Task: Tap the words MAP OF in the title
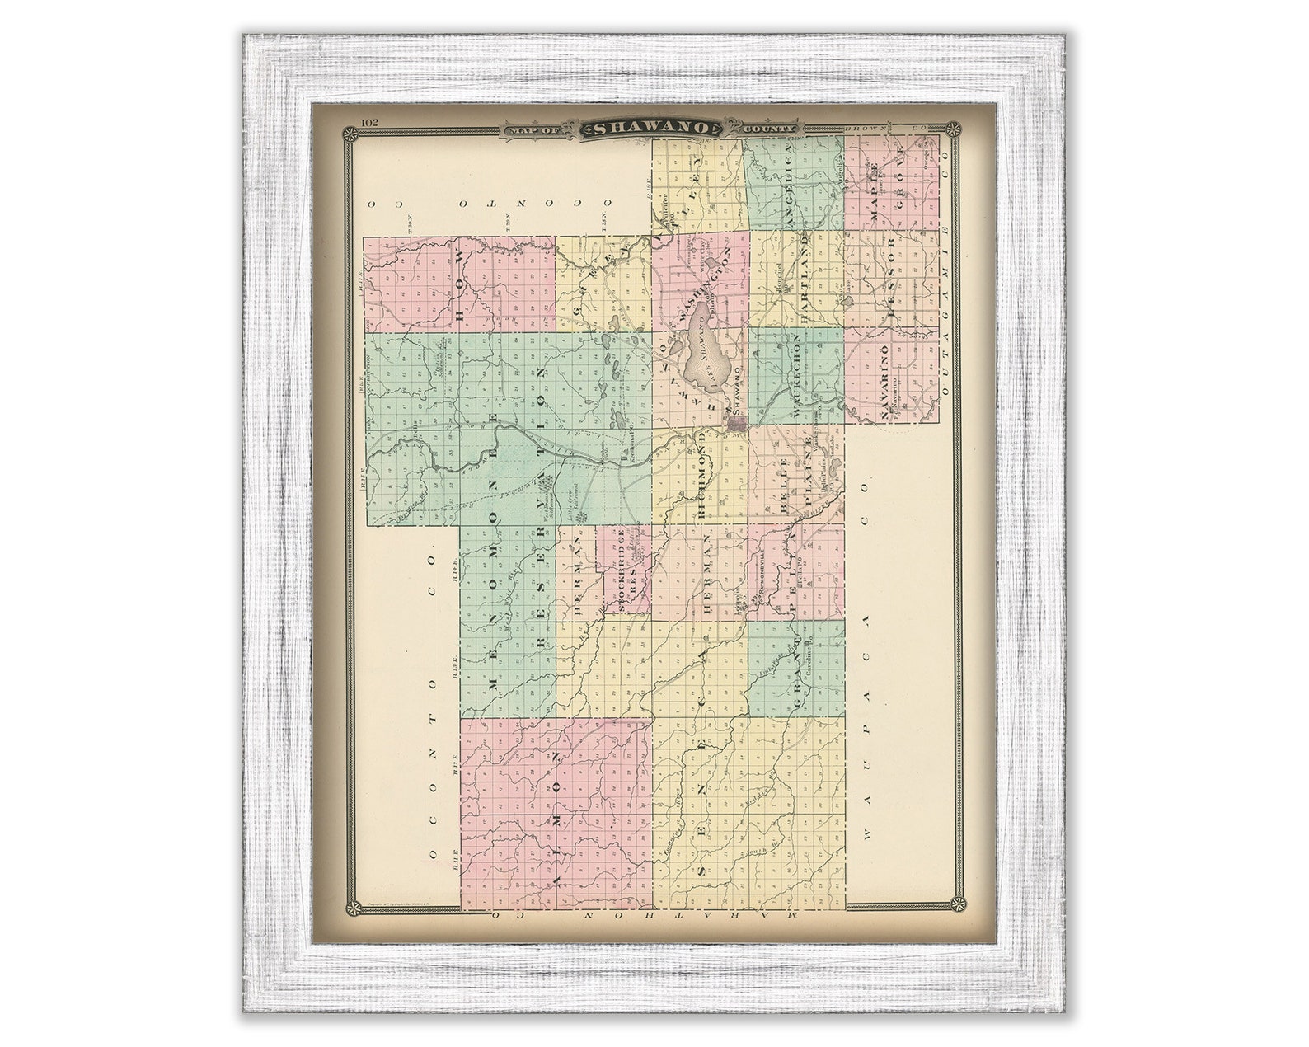535,129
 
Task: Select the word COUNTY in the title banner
769,129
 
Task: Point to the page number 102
368,124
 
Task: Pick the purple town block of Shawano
737,423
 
